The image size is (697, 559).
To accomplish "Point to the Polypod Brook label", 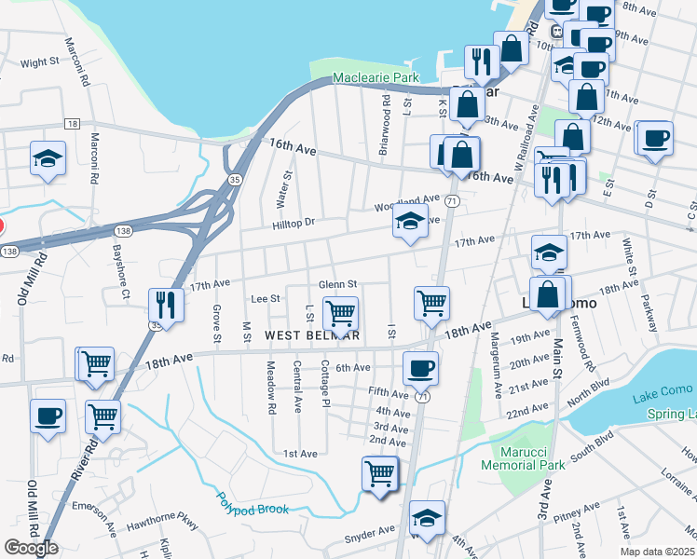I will [253, 503].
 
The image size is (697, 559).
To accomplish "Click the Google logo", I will [31, 548].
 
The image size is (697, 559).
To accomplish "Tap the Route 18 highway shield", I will [72, 123].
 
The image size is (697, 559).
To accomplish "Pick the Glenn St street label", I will [338, 284].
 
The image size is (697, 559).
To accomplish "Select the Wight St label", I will [40, 62].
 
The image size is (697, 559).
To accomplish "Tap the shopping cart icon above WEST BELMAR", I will [340, 312].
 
